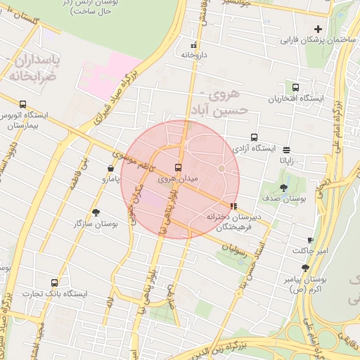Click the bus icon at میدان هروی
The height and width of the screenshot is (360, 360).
178,168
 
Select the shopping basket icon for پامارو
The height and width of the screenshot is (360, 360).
111,169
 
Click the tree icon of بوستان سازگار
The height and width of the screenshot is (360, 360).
96,212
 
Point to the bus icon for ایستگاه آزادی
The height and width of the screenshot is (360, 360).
254,138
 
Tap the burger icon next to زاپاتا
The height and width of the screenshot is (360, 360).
287,150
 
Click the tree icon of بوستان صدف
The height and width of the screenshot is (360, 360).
283,188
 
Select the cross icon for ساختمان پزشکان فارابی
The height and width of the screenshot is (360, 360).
319,29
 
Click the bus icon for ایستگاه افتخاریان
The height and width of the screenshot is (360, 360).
295,88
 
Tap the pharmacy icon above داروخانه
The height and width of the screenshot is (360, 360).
193,44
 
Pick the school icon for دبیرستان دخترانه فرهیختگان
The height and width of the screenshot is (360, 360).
233,206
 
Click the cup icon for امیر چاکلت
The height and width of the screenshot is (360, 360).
311,240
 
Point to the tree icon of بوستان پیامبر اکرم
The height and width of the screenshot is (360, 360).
305,268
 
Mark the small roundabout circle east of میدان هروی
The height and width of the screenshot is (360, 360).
221,169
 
